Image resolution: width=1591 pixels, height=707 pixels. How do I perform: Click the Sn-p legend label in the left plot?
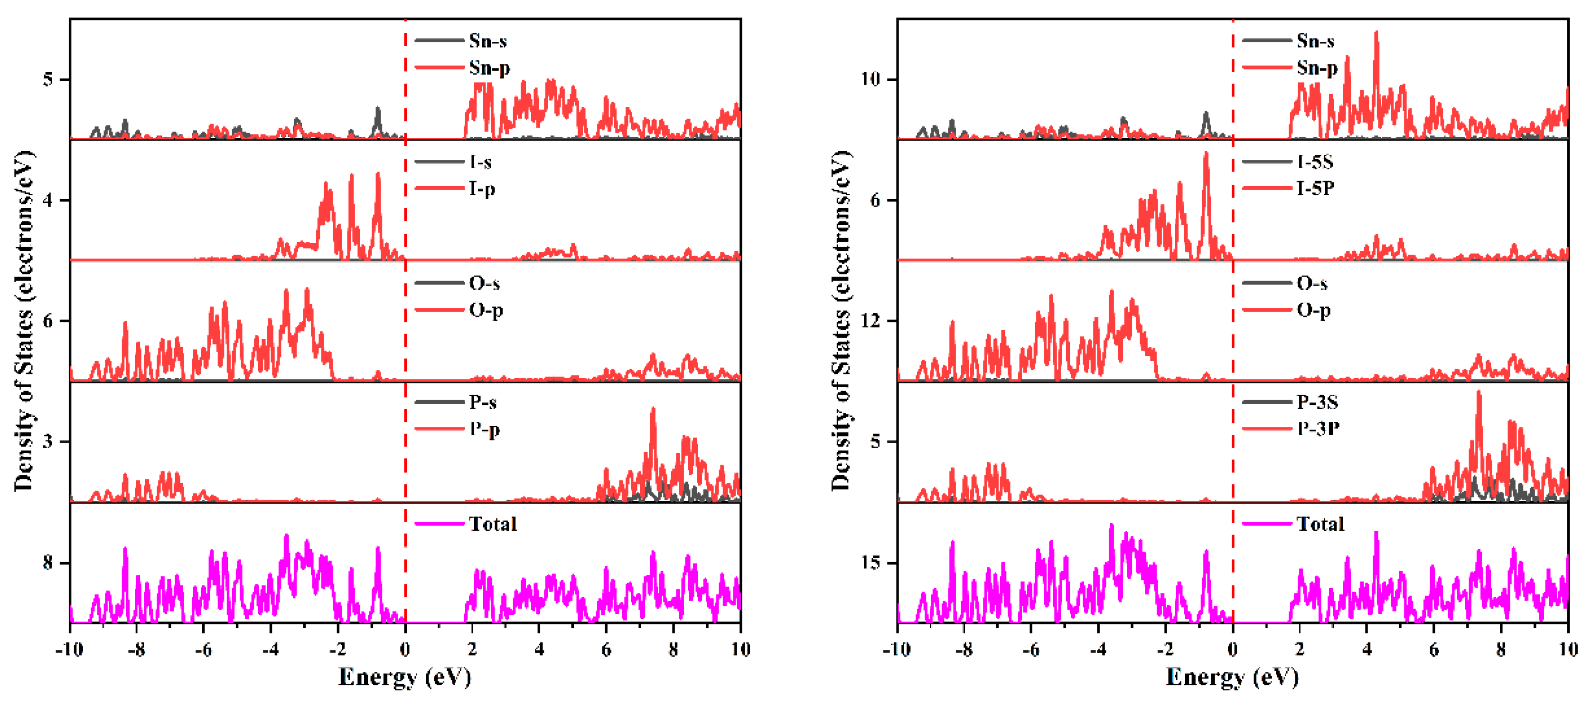coord(489,67)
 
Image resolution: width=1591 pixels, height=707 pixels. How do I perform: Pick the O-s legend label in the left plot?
coord(484,283)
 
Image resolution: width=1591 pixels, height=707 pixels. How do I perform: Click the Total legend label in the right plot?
coord(1320,524)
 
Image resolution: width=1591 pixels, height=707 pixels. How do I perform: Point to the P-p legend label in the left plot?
coord(484,429)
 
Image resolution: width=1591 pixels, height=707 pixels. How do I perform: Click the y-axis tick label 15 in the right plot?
coord(870,563)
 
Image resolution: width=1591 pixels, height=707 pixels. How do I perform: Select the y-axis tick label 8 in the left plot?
coord(47,563)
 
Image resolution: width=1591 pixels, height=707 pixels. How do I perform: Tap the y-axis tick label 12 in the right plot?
coord(870,321)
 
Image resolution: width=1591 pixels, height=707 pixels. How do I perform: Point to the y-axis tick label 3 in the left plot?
coord(47,442)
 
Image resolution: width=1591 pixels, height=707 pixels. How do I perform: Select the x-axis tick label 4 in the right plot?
coord(1367,650)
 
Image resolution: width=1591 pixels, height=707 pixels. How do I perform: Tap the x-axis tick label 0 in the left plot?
coord(405,650)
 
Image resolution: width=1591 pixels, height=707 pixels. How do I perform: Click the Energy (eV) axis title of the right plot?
coord(1232,678)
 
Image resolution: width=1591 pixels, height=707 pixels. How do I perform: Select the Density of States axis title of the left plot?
coord(23,321)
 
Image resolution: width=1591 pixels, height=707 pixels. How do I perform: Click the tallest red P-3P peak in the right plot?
coord(1479,392)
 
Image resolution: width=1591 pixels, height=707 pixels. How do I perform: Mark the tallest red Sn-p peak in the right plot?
coord(1376,33)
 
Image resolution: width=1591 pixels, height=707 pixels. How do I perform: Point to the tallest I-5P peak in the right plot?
coord(1206,154)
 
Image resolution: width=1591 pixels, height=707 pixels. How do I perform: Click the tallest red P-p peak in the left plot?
coord(653,409)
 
